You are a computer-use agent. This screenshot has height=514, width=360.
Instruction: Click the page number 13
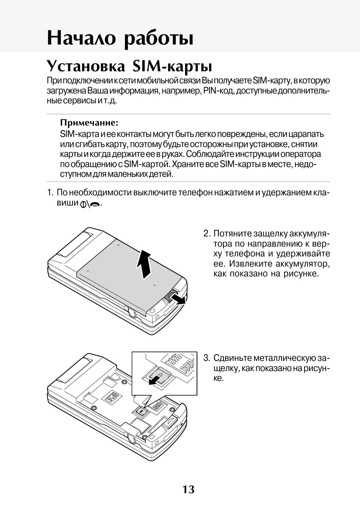(x=188, y=489)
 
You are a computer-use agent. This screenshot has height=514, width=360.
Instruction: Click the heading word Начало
(x=82, y=38)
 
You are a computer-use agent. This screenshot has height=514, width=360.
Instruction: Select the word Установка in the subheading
(x=86, y=66)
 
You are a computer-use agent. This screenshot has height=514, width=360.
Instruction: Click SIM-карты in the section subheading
(x=172, y=66)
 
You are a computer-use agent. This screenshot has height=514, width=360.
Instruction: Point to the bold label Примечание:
(x=89, y=123)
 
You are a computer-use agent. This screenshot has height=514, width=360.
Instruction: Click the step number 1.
(x=49, y=193)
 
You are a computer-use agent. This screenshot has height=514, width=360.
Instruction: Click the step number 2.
(x=206, y=234)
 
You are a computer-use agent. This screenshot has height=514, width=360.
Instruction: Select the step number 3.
(x=206, y=358)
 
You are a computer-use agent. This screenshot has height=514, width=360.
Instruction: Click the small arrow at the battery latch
(x=177, y=299)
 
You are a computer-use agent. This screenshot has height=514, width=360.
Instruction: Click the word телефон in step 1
(x=195, y=193)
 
